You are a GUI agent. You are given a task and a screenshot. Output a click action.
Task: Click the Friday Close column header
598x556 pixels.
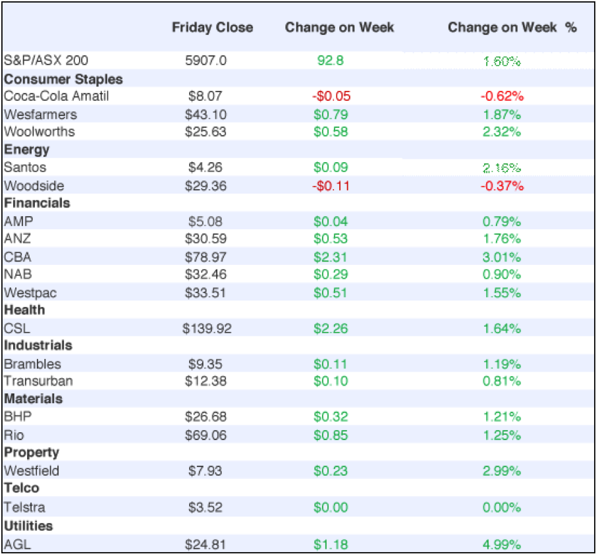point(212,27)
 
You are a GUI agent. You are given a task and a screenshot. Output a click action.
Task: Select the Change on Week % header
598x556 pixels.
point(512,27)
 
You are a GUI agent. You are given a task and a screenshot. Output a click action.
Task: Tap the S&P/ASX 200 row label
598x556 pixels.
point(46,61)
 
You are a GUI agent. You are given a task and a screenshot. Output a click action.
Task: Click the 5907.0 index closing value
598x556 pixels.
point(206,61)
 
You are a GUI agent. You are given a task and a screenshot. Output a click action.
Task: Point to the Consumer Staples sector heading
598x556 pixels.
point(63,79)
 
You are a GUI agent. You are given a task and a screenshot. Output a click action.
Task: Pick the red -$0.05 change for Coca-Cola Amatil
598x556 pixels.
point(331,96)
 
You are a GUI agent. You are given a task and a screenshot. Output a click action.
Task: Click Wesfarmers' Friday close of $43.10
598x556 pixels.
point(205,114)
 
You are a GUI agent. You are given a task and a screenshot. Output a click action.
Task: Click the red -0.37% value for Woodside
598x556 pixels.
point(502,186)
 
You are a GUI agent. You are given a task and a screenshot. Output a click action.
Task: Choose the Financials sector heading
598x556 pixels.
point(37,203)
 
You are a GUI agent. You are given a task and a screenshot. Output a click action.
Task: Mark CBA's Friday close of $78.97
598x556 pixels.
point(205,257)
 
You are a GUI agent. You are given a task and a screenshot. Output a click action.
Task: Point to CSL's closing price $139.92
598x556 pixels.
point(207,328)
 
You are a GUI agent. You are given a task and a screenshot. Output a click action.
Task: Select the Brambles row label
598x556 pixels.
point(32,364)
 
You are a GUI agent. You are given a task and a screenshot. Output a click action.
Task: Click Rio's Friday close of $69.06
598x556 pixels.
point(205,435)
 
